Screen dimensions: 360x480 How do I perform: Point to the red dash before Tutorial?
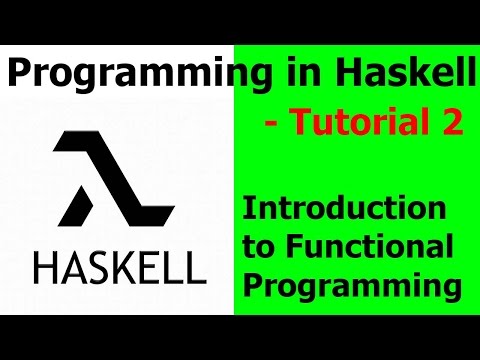click(x=271, y=125)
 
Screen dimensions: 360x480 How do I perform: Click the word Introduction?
click(x=345, y=210)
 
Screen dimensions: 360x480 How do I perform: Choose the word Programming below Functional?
click(x=351, y=286)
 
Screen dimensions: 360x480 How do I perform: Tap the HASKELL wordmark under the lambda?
click(x=119, y=266)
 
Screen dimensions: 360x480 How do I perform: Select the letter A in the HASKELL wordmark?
click(x=79, y=266)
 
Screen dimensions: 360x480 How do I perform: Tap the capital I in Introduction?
click(x=249, y=210)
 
